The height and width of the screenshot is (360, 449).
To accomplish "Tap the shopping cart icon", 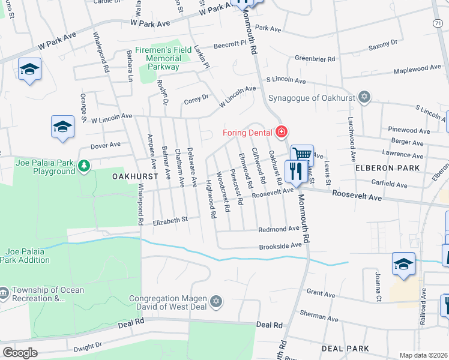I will click(303, 155).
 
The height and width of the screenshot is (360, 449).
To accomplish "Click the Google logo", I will click(20, 353).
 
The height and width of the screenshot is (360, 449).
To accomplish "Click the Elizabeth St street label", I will click(170, 221).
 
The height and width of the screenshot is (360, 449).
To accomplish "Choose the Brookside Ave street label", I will click(280, 246).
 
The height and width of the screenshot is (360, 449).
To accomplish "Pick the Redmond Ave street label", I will click(279, 229).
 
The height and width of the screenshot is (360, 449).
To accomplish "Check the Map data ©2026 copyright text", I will click(424, 355).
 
